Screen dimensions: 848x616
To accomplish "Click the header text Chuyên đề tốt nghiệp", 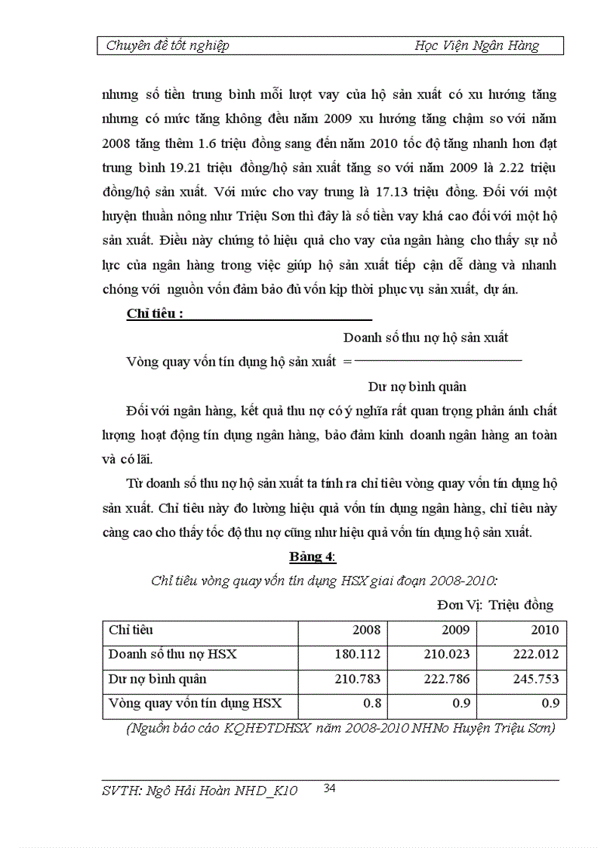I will coord(168,45).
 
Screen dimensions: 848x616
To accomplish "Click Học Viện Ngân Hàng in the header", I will coord(477,45).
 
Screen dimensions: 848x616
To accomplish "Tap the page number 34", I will coord(329,788).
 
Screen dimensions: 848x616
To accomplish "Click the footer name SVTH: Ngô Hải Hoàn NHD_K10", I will coord(199,791).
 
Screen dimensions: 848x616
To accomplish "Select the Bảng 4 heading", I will coord(312,557).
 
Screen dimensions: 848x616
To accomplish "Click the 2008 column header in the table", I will coord(366,630).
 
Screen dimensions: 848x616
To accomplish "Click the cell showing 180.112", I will coord(357,654).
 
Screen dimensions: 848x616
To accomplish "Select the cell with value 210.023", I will coord(446,654).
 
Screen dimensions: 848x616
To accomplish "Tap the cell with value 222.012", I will coord(535,654).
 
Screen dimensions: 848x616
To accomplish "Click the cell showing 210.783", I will coord(357,679).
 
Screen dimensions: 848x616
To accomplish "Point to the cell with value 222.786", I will coord(446,679).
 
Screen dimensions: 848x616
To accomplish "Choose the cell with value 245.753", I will coord(535,679).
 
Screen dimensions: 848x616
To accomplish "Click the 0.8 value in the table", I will coord(373,704).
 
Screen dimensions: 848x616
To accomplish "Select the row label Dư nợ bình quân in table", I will coord(157,679).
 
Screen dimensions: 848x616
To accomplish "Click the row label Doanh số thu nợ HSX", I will coord(172,654).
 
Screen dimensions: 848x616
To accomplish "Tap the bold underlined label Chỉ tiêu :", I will coord(155,314).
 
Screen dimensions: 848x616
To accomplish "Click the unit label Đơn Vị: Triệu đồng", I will coord(494,605).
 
